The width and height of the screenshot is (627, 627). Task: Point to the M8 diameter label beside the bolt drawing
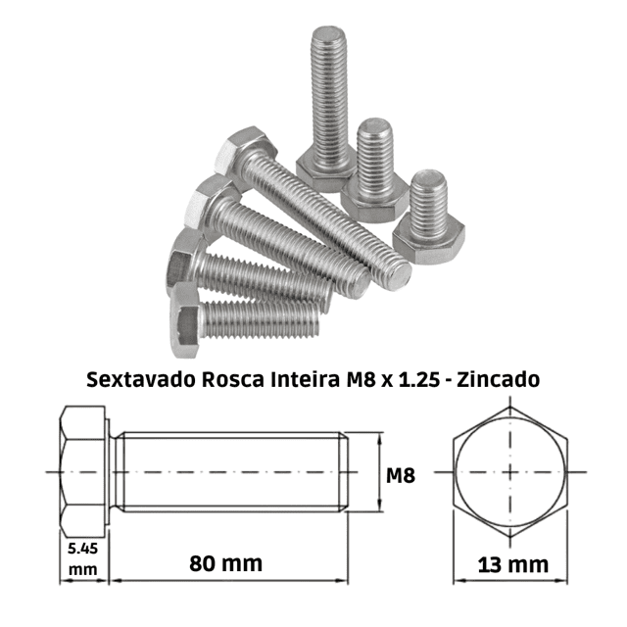coord(401,475)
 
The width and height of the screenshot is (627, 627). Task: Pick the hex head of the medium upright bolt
coord(374,200)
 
